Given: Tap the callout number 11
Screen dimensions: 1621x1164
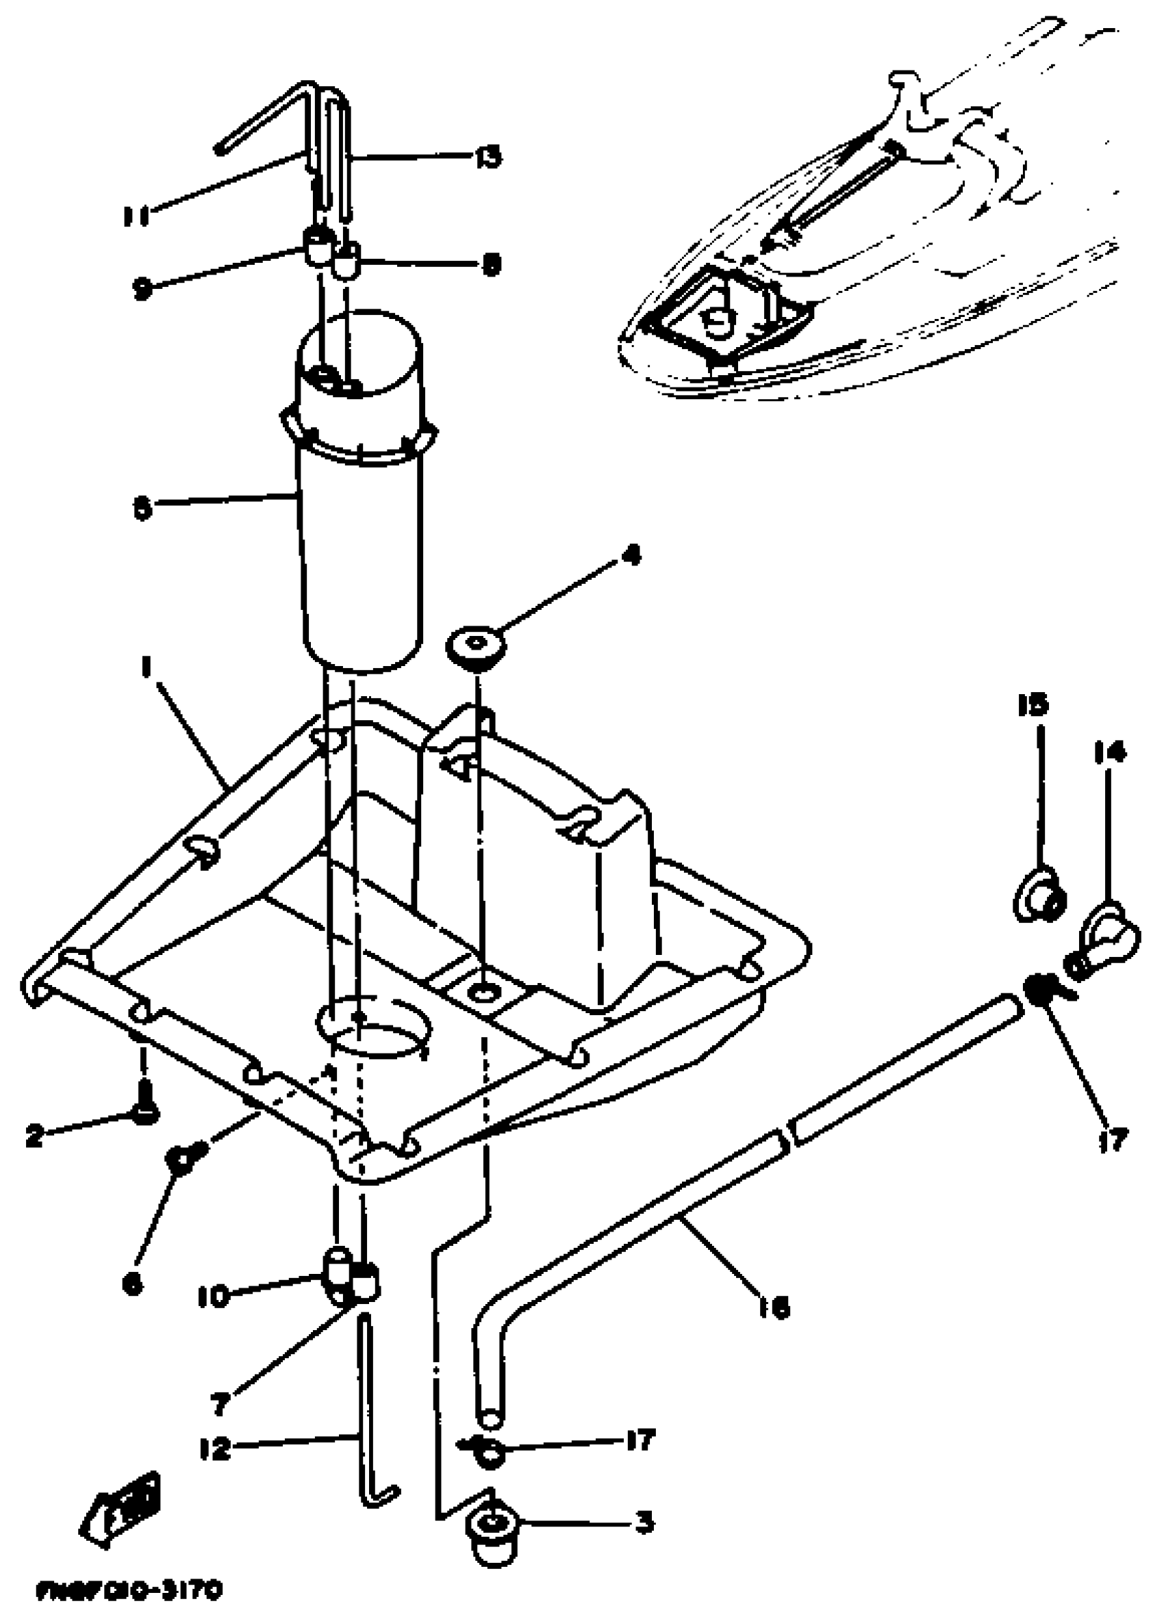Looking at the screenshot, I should tap(136, 215).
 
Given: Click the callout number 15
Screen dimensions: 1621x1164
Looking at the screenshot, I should tap(1033, 704).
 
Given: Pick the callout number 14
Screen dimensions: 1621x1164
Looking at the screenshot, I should tap(1109, 752).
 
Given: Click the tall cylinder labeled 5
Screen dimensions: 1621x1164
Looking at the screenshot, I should tap(361, 544).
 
